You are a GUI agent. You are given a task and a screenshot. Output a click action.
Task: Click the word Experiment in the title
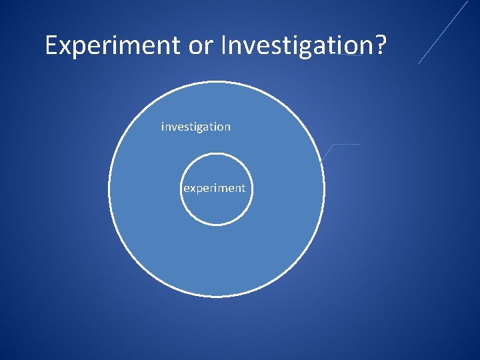coord(112,45)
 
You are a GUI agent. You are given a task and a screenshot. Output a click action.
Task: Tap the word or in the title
coord(199,46)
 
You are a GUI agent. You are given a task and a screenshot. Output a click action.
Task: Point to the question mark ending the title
coord(381,45)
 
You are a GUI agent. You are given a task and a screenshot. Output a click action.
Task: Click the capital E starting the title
coord(51,45)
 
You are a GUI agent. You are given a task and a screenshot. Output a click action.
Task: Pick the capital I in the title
coord(224,45)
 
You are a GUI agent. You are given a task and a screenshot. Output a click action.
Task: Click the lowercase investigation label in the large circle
coord(196,127)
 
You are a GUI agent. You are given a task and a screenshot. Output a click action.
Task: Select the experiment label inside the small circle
coord(214,188)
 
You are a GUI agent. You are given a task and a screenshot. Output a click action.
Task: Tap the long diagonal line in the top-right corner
coord(443,32)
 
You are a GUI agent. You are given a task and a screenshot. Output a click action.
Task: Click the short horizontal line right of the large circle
coord(347,144)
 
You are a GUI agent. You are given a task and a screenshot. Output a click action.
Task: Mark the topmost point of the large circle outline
coord(217,82)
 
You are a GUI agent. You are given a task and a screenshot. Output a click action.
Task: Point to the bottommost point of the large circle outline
coord(217,297)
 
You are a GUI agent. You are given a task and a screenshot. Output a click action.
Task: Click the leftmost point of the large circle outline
coord(109,189)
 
